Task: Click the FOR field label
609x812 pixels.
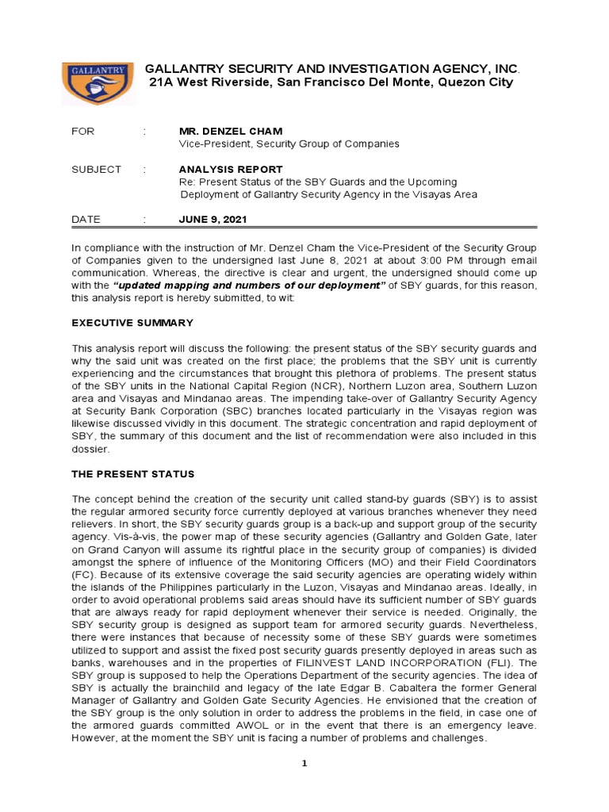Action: (x=82, y=131)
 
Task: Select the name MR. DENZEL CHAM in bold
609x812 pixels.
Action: (x=231, y=131)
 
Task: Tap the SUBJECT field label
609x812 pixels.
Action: (x=96, y=169)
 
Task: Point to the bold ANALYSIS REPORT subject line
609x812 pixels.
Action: (x=231, y=169)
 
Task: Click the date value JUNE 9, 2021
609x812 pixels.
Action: (x=216, y=220)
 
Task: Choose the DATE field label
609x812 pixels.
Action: (x=86, y=220)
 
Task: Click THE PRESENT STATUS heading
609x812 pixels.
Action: (x=132, y=474)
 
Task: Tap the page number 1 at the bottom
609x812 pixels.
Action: (x=304, y=764)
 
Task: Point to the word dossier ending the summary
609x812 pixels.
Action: (x=90, y=449)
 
